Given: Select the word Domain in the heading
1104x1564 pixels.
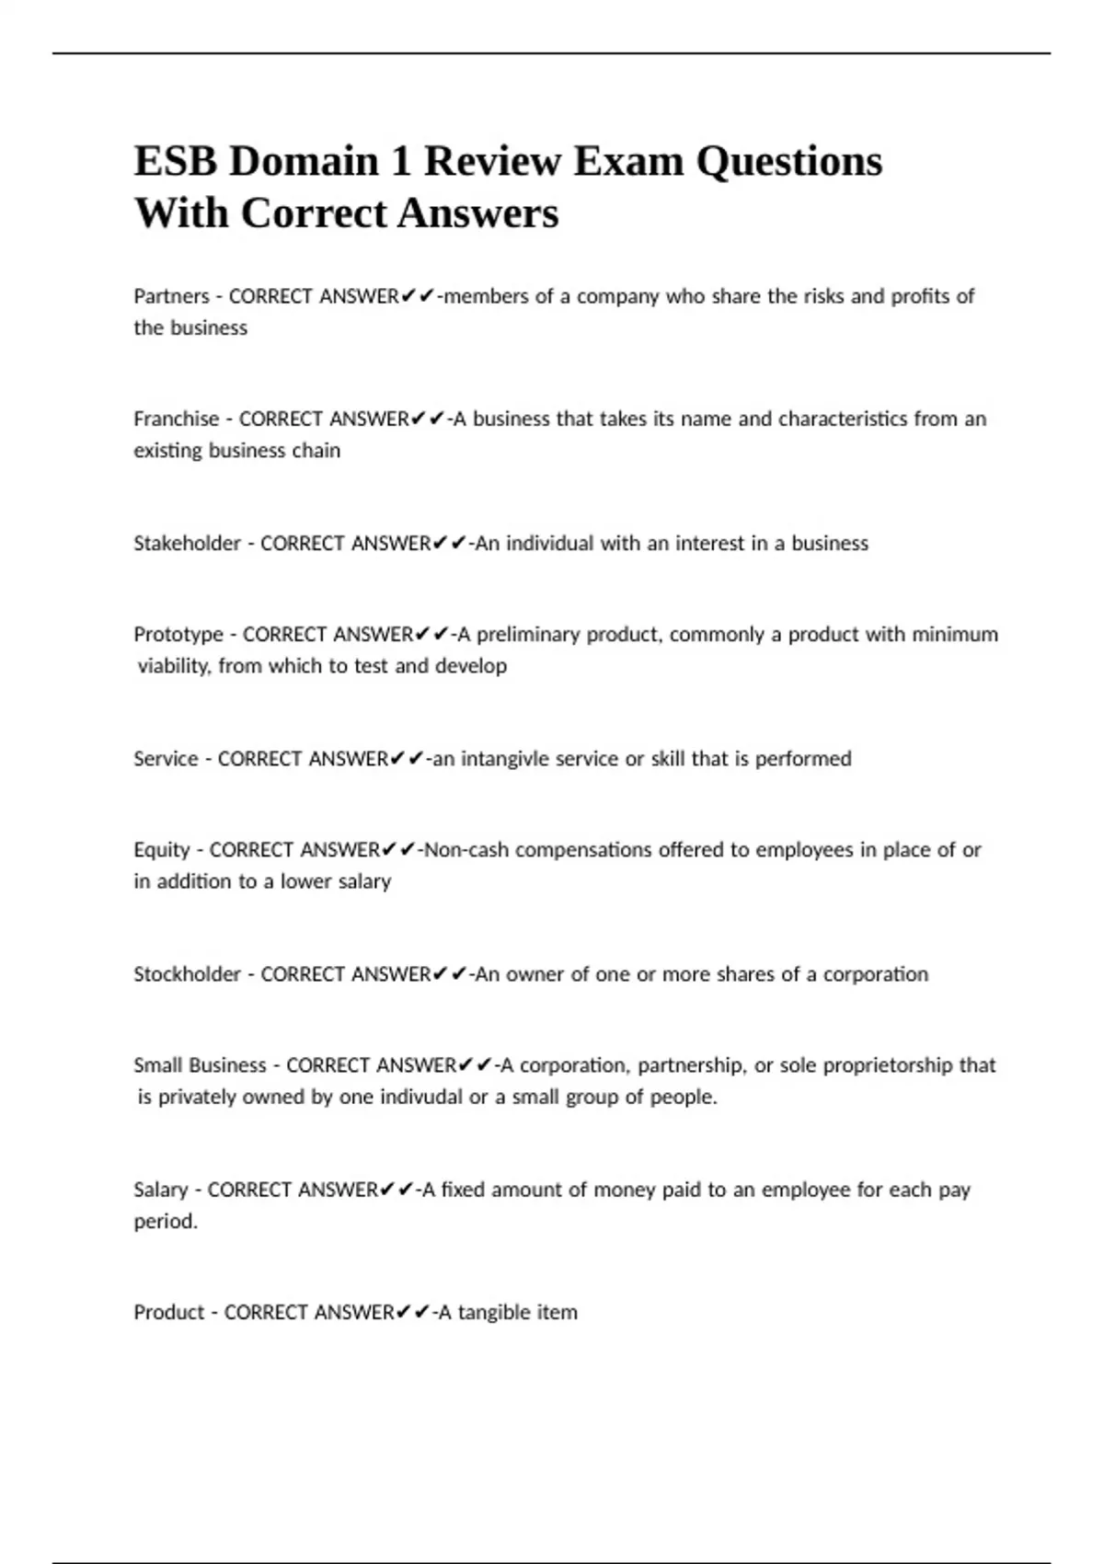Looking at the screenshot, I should point(304,162).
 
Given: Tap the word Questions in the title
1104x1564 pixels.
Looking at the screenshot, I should point(788,162).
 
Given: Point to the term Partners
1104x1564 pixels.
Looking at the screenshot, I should point(171,296).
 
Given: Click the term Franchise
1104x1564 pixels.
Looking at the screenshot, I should point(176,420).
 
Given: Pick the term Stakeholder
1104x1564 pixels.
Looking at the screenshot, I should point(187,544).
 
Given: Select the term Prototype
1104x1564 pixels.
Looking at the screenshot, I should point(178,635).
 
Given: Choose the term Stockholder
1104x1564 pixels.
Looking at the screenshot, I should point(187,974).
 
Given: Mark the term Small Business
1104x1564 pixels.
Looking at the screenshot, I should point(200,1065).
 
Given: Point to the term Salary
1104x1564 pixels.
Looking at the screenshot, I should point(161,1190).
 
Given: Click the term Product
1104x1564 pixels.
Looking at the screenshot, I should point(168,1313).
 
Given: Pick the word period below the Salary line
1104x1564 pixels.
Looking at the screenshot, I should point(165,1222).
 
